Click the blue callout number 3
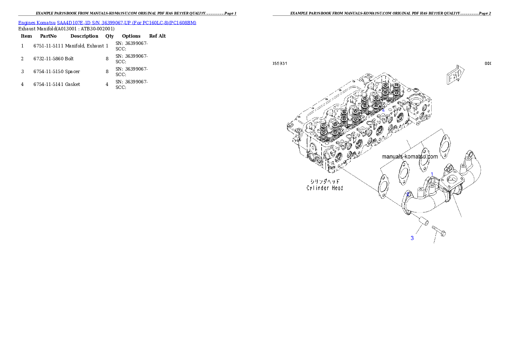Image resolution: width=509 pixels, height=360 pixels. (412, 238)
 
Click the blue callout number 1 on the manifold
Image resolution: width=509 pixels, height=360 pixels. (432, 174)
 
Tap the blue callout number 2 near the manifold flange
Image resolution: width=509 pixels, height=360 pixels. (408, 194)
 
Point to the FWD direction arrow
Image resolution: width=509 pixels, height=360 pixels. (455, 75)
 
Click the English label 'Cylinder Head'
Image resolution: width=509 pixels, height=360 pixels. (325, 188)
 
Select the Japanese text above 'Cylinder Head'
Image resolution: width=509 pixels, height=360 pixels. (325, 181)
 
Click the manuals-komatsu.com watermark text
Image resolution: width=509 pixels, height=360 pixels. (409, 156)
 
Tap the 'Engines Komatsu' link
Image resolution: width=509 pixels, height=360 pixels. (37, 22)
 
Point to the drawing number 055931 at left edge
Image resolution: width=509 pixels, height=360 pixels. (280, 63)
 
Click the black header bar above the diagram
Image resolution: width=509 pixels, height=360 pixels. (381, 15)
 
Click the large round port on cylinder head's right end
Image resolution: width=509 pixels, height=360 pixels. (417, 104)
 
